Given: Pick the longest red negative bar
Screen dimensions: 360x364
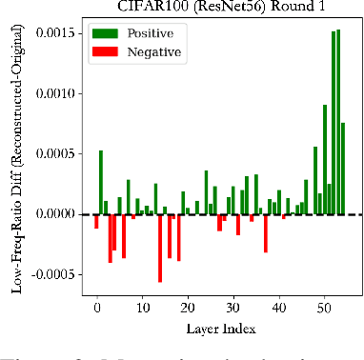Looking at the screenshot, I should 160,248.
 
